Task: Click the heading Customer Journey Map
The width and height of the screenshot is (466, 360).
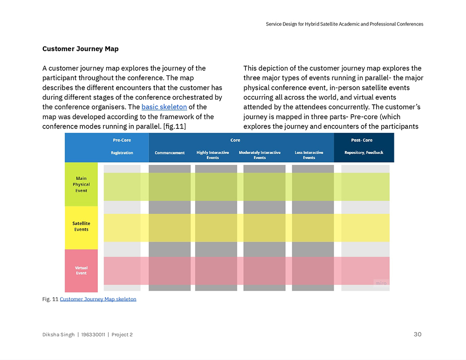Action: (x=80, y=49)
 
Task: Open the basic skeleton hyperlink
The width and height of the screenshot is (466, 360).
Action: (x=164, y=107)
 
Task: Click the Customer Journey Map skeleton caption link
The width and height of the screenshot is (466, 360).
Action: (x=98, y=299)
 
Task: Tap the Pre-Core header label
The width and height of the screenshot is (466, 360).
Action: (x=122, y=140)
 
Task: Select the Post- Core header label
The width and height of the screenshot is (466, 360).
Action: (x=362, y=140)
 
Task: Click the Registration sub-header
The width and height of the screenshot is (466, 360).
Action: (x=122, y=153)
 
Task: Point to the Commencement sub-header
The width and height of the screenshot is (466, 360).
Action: (x=170, y=153)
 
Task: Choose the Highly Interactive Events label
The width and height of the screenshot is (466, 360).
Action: (x=213, y=155)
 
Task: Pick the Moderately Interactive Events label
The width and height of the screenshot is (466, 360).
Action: (x=260, y=155)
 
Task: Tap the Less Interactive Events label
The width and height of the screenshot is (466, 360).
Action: (x=309, y=155)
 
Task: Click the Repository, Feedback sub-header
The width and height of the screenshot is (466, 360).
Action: (x=363, y=153)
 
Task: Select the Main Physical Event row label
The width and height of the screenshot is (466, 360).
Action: (x=82, y=184)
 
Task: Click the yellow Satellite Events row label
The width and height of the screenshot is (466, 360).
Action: (x=82, y=226)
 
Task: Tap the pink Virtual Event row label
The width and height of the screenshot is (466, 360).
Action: (x=82, y=270)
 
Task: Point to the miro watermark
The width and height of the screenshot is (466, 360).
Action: (x=381, y=283)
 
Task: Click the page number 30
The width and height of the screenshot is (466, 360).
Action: (x=418, y=334)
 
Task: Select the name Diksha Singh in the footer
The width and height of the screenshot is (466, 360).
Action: (x=58, y=335)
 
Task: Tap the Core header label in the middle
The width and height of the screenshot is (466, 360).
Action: (x=235, y=140)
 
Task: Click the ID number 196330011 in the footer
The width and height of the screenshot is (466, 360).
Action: (x=94, y=335)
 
